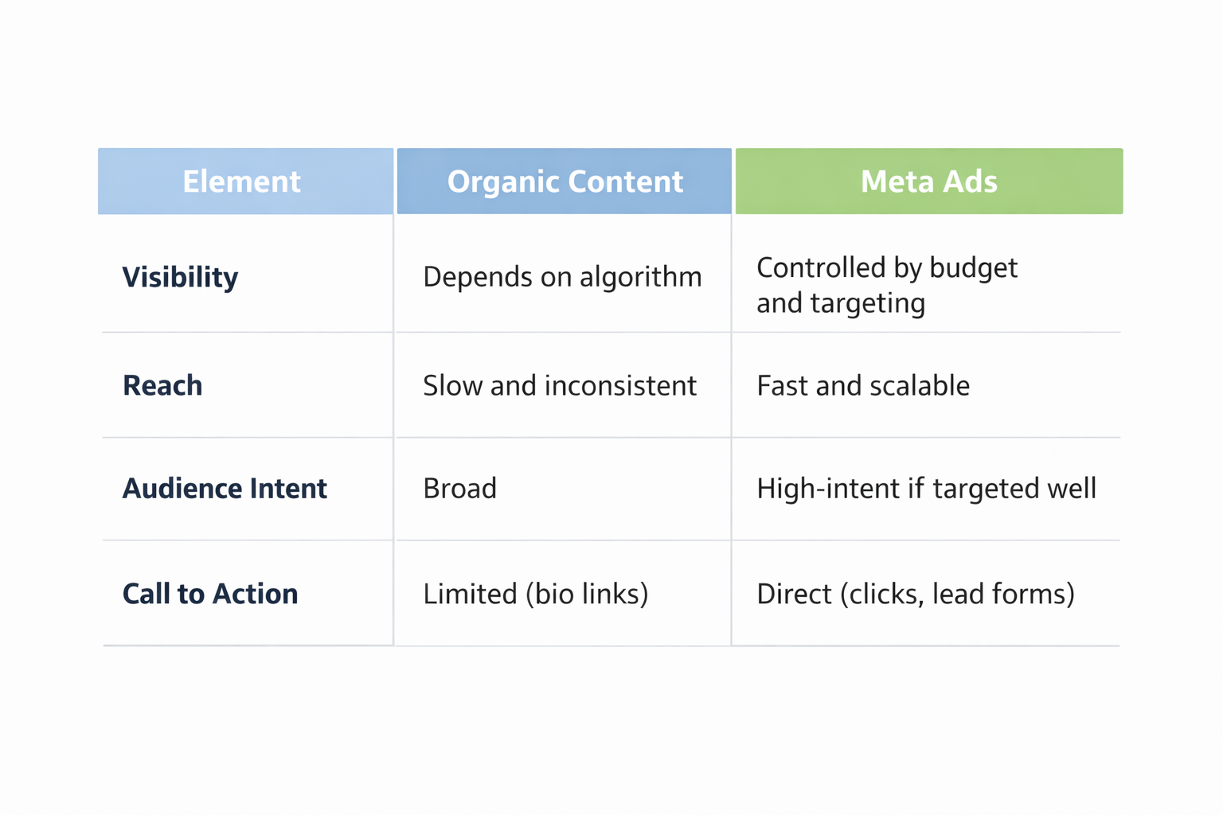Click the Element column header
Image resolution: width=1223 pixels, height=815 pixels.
[242, 181]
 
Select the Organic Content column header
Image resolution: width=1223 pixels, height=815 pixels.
[565, 181]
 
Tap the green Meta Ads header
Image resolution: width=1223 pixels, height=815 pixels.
[928, 181]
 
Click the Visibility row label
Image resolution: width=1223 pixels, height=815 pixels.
[180, 277]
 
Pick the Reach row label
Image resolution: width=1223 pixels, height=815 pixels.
[162, 385]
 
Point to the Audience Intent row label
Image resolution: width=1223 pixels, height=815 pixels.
[225, 488]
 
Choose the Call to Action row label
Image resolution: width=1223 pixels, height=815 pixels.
[210, 594]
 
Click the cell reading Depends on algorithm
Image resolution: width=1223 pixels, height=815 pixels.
[562, 277]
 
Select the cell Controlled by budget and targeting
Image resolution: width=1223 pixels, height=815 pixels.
[886, 285]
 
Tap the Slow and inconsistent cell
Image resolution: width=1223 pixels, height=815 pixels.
[560, 385]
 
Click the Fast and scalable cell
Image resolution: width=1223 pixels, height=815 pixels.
[863, 385]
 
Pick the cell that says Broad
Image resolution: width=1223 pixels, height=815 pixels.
[460, 488]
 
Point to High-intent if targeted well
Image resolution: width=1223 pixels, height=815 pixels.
[926, 488]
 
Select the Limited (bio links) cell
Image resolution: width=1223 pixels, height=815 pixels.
[536, 594]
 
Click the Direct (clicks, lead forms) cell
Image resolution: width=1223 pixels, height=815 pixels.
[916, 594]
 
